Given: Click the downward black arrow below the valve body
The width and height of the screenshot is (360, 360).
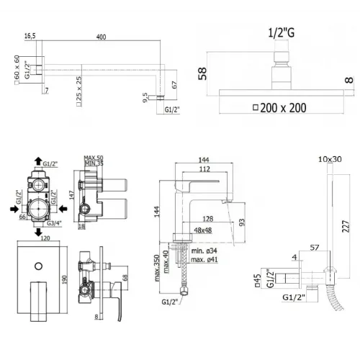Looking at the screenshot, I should click(x=37, y=233).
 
